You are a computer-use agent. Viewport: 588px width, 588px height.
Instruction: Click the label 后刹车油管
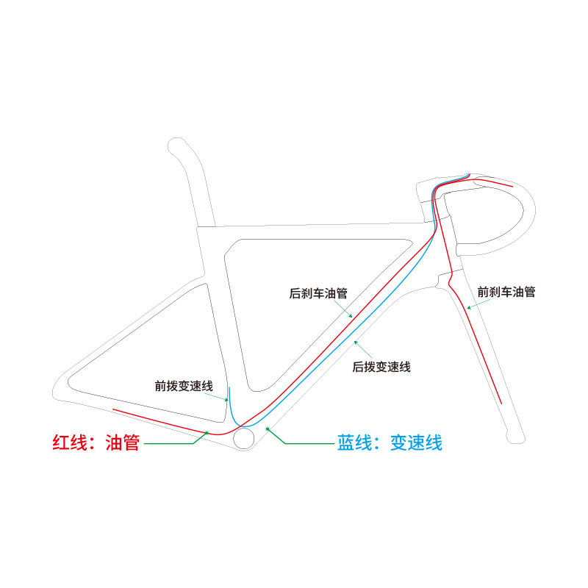coord(318,293)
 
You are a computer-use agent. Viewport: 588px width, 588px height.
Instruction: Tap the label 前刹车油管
coord(506,292)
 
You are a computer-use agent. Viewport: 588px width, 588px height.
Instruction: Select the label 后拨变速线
coord(381,367)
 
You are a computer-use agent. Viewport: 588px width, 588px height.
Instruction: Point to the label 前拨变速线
coord(184,385)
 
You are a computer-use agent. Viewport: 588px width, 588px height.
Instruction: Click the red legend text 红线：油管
coord(96,443)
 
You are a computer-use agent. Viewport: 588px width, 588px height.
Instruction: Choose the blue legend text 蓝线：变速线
coord(390,443)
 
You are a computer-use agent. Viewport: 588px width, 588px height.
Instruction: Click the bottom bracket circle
coord(243,438)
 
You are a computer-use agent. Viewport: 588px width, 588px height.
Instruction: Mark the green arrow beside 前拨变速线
coord(221,397)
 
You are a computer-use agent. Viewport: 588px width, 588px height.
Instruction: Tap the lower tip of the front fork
coord(516,438)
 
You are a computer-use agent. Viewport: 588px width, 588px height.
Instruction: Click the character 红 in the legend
coord(62,443)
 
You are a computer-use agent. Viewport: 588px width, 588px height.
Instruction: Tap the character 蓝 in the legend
coord(347,443)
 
